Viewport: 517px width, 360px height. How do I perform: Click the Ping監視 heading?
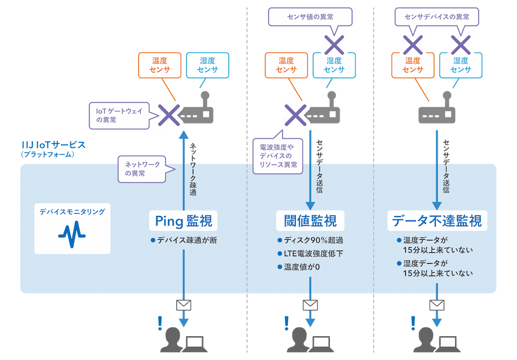184,220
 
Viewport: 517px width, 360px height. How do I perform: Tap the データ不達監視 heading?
437,221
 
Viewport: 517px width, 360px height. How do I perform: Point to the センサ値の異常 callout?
310,16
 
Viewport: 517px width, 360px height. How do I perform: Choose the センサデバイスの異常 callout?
437,16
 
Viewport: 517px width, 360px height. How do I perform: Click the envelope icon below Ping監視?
184,305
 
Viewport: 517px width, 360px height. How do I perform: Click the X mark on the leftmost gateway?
169,114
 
